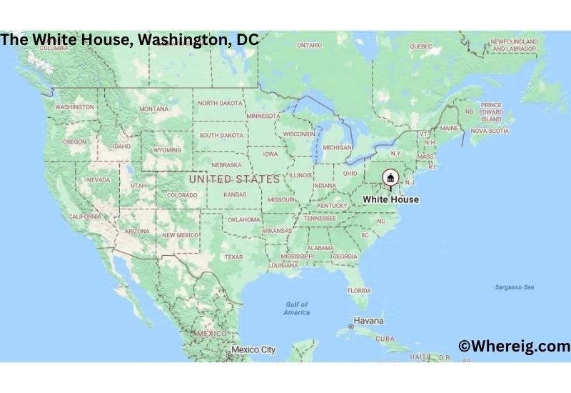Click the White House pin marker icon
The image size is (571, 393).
click(390, 178)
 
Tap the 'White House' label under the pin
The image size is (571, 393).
click(390, 199)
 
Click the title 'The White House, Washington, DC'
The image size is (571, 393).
click(129, 39)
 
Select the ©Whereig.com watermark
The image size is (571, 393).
click(514, 347)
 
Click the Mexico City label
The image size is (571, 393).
click(252, 350)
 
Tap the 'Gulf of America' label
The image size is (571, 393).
click(296, 309)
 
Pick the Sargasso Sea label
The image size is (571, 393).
click(515, 287)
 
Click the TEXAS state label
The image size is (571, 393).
click(233, 257)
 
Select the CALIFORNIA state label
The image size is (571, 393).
click(84, 216)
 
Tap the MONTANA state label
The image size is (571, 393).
click(154, 109)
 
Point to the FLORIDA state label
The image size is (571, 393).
click(359, 291)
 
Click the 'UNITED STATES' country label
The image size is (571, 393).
click(234, 179)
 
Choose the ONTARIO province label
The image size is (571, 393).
click(310, 45)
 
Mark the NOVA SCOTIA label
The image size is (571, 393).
click(490, 131)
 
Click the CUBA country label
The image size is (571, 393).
click(385, 339)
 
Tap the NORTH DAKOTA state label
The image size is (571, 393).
click(220, 103)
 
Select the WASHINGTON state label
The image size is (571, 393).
click(74, 107)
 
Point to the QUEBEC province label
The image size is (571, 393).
click(421, 46)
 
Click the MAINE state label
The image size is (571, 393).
click(450, 129)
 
